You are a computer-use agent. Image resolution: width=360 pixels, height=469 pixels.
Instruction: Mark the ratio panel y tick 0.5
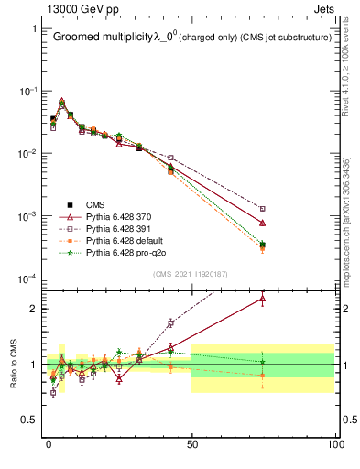click(x=34, y=420)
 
